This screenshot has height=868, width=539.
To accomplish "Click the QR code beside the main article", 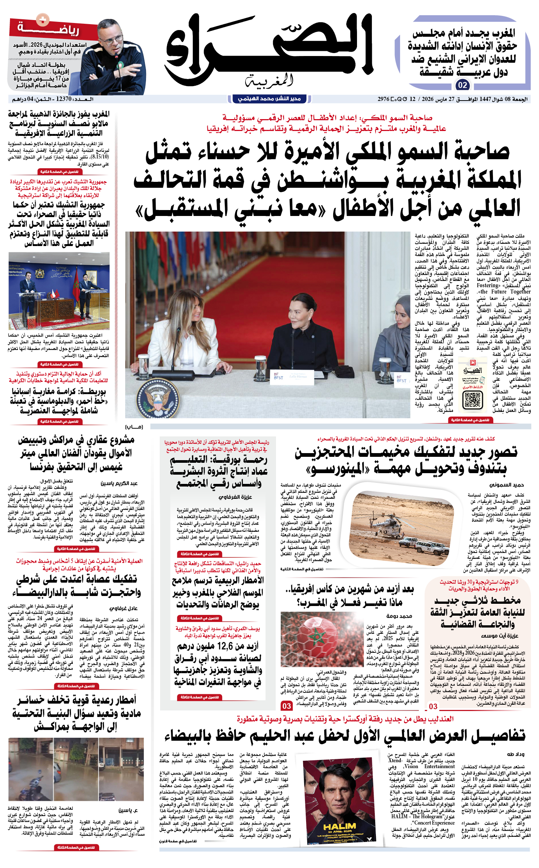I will pyautogui.click(x=473, y=400).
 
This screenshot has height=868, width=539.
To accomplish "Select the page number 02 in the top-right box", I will pyautogui.click(x=462, y=85).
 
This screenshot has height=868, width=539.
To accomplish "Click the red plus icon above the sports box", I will pyautogui.click(x=43, y=19).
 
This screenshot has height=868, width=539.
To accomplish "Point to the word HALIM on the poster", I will pyautogui.click(x=340, y=826).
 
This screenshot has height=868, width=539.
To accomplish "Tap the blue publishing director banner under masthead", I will pyautogui.click(x=269, y=99).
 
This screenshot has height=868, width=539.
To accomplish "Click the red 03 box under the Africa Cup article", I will pyautogui.click(x=286, y=706).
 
